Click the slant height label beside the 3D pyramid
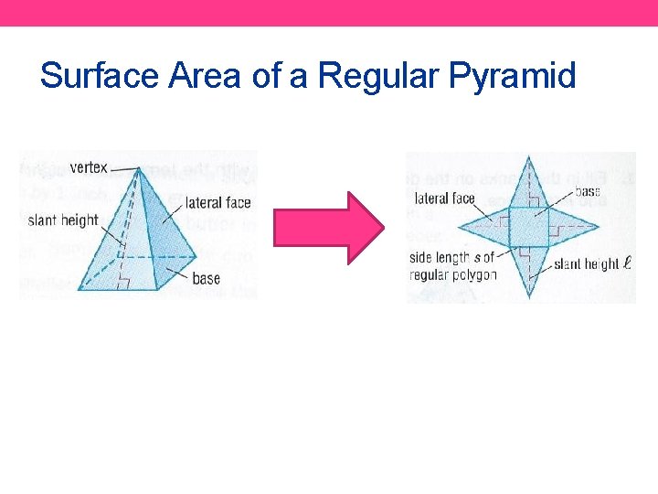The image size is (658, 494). tap(62, 220)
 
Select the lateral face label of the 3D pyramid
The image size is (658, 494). tap(218, 203)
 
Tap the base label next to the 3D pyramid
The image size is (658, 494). tap(206, 278)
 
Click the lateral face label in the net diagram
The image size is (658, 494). tap(444, 199)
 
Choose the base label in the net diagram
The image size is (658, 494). tap(588, 192)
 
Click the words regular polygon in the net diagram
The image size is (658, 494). tap(453, 274)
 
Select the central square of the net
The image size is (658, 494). tap(527, 227)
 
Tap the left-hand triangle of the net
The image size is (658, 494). tap(487, 226)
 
